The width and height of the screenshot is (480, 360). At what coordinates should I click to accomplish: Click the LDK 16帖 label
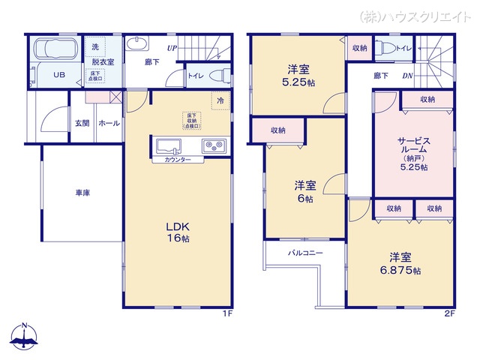(x=176, y=231)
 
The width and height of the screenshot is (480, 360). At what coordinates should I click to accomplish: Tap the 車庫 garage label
(x=82, y=193)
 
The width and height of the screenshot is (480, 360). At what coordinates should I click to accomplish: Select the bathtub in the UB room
(x=55, y=51)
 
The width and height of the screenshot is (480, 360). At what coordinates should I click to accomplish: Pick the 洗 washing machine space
(x=95, y=46)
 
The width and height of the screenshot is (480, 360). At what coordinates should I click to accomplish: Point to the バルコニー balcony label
(x=305, y=253)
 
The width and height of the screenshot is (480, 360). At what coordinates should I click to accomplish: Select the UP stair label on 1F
(x=172, y=48)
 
